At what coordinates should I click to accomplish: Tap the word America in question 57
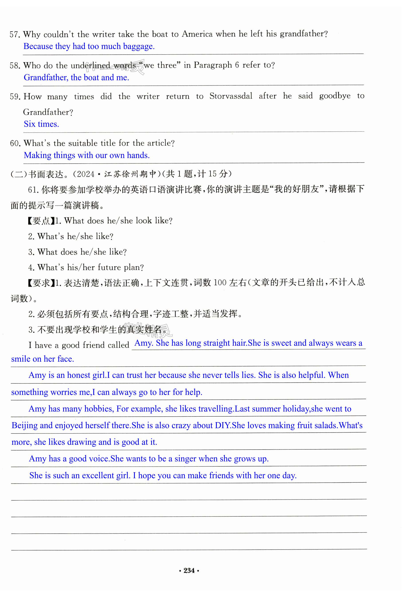197,34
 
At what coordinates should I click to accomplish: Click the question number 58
15,66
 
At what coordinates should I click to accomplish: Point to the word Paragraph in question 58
213,65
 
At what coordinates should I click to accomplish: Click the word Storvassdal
231,96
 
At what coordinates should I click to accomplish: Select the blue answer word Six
29,124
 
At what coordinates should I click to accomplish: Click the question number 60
15,143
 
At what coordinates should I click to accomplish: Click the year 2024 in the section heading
86,174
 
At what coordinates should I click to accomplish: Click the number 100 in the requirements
220,283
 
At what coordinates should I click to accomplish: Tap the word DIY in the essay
223,425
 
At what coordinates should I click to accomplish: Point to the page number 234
189,571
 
